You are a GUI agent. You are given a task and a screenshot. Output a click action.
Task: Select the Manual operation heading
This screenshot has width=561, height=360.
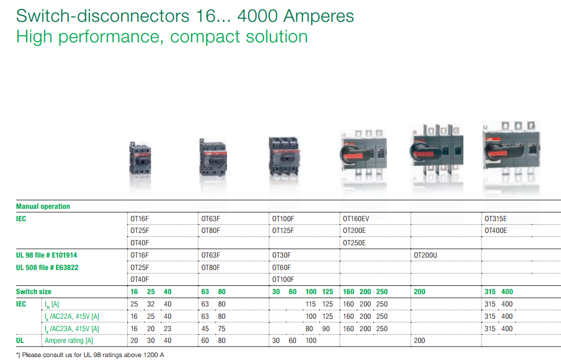43,206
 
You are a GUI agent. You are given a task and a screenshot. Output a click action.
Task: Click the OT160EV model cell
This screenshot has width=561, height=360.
356,219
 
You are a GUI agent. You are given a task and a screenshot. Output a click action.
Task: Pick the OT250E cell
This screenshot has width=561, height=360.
354,243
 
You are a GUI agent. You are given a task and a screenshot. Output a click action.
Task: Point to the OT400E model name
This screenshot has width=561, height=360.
496,231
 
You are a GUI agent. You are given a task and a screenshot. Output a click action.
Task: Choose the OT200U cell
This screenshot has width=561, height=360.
426,255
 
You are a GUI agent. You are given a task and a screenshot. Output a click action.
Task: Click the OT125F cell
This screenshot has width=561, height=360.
283,231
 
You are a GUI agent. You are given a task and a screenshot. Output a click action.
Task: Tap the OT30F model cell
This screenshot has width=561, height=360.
281,255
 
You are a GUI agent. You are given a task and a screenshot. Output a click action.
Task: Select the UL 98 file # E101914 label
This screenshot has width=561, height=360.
46,255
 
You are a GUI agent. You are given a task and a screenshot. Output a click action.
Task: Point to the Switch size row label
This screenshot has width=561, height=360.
34,292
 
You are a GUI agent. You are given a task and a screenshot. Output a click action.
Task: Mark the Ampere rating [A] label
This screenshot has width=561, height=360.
69,341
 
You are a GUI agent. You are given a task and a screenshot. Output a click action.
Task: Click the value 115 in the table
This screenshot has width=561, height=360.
311,304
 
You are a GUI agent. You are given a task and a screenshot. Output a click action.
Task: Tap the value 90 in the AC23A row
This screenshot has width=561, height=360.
326,329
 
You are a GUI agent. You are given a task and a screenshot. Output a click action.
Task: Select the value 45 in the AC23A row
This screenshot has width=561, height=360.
205,329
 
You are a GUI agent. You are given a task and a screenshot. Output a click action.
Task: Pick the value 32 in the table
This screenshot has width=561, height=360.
151,304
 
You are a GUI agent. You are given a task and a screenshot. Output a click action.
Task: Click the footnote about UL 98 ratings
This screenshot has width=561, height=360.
90,355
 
